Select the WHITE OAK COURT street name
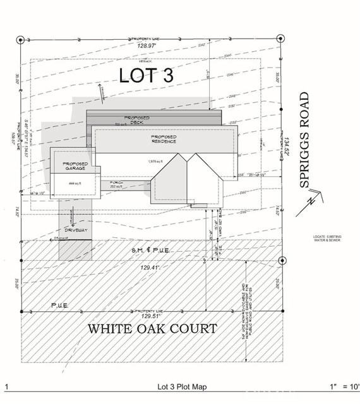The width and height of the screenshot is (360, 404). pos(152,329)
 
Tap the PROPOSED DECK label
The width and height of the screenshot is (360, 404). pos(136,121)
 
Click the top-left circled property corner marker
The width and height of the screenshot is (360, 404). pos(20,39)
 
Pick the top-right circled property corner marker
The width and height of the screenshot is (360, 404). pos(281,39)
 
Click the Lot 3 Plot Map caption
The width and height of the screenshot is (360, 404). pos(181,386)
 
